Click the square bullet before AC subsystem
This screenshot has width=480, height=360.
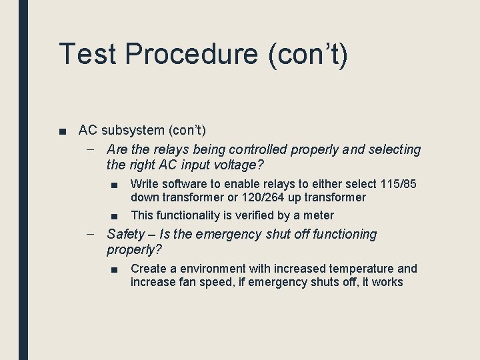click(x=62, y=131)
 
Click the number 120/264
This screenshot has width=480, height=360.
click(x=259, y=197)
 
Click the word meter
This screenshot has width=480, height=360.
click(x=319, y=215)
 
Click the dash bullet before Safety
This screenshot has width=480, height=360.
click(x=91, y=234)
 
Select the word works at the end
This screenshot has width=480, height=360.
click(x=387, y=282)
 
